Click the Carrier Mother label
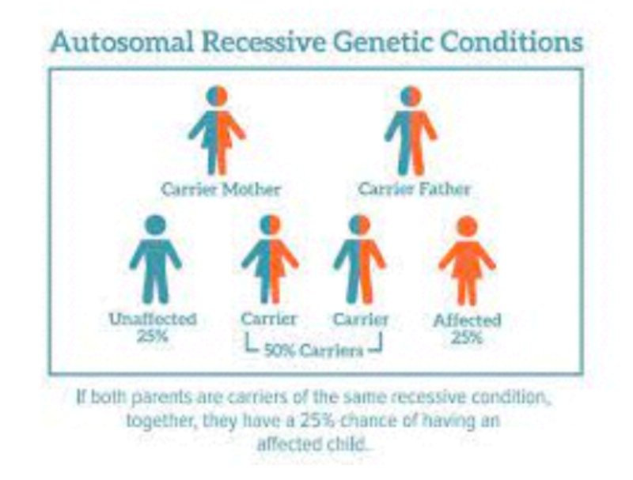point(221,190)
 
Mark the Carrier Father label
point(414,190)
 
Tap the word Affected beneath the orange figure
point(468,320)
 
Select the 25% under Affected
point(468,338)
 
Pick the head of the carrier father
point(411,96)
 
